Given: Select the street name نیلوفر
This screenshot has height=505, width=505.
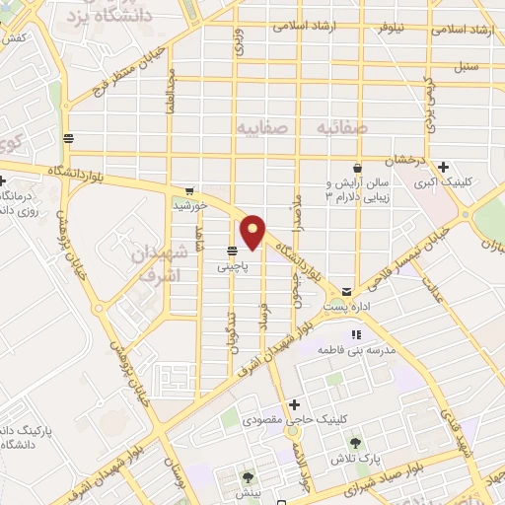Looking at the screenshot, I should tap(372, 28).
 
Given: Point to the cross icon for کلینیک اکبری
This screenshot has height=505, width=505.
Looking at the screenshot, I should tap(444, 167).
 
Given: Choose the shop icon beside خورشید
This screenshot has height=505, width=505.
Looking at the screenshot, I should tap(188, 191).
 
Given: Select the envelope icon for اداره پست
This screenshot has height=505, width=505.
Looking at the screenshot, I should tap(346, 291).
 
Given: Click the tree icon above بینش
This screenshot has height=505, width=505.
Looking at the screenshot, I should tap(247, 476).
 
